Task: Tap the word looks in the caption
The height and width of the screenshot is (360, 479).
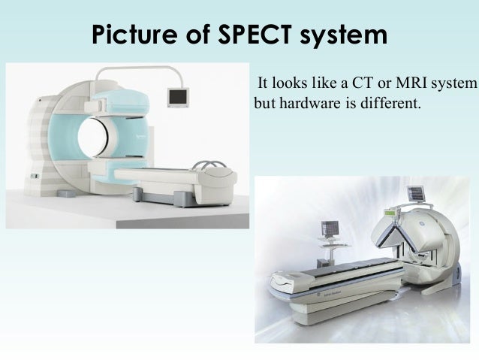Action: pyautogui.click(x=288, y=82)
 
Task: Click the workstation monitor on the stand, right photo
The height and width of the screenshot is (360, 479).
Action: pyautogui.click(x=329, y=227)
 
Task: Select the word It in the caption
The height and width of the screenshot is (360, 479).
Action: pyautogui.click(x=263, y=82)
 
